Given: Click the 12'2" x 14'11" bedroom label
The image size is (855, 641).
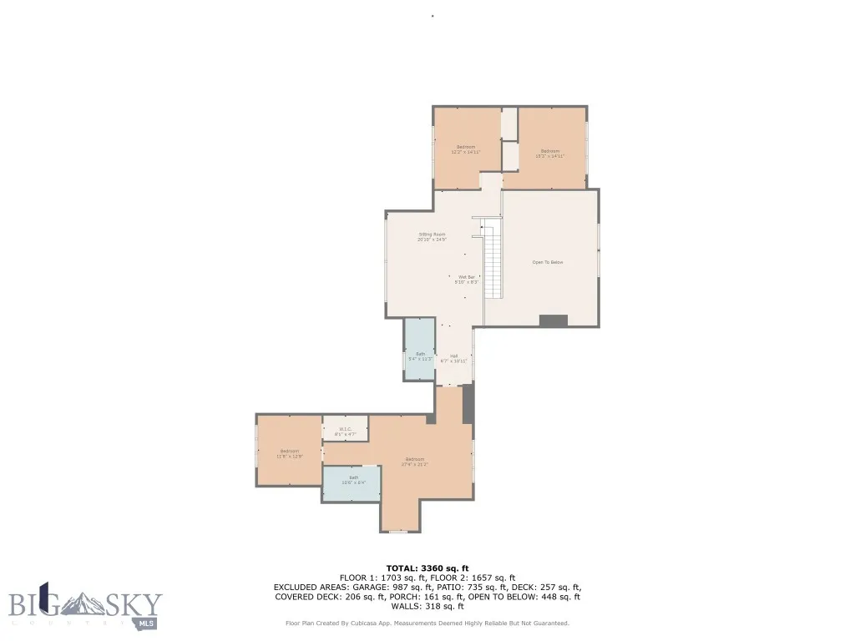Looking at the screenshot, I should click(466, 149).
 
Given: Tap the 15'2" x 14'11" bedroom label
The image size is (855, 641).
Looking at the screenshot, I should click(549, 154).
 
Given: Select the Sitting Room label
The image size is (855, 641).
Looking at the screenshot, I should click(432, 237).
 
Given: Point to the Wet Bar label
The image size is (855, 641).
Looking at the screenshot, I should click(466, 280).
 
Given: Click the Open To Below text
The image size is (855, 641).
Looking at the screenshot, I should click(548, 262).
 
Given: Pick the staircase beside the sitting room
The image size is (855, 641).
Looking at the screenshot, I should click(493, 260).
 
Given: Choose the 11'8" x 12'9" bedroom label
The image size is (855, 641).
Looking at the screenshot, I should click(289, 453).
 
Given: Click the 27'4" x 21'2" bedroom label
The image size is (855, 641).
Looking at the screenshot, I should click(415, 462).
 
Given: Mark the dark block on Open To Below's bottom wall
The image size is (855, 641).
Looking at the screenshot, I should click(553, 320).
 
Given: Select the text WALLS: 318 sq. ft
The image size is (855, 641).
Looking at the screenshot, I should click(427, 607).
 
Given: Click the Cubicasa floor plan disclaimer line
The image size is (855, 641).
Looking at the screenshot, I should click(427, 623).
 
